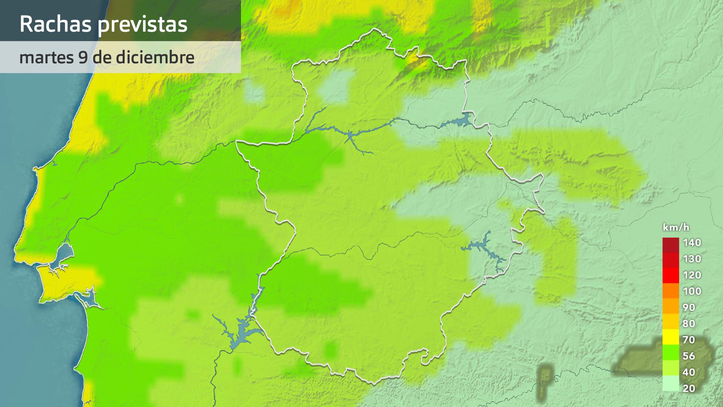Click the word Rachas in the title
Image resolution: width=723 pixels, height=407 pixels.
click(55, 24)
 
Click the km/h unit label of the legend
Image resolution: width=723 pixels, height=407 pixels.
click(676, 227)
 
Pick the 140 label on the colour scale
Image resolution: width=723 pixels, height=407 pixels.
click(692, 243)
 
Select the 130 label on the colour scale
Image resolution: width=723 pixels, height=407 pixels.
click(692, 259)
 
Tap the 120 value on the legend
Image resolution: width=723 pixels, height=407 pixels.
click(692, 275)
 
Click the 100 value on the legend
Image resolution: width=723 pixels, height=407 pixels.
click(692, 291)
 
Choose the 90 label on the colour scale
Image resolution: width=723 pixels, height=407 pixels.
click(689, 308)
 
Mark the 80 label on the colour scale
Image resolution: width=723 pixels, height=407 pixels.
click(689, 324)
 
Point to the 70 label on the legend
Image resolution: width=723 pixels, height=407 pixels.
click(689, 340)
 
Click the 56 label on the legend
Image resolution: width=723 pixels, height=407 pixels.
click(689, 356)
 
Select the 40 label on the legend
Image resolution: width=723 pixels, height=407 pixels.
click(689, 372)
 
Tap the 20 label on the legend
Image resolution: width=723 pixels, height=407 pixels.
click(689, 389)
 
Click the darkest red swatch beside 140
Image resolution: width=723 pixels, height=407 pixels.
click(671, 245)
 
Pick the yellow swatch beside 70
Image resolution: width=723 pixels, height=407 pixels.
click(671, 337)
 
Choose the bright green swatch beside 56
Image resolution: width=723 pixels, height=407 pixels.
click(671, 352)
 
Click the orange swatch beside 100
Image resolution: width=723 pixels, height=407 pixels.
click(671, 291)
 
